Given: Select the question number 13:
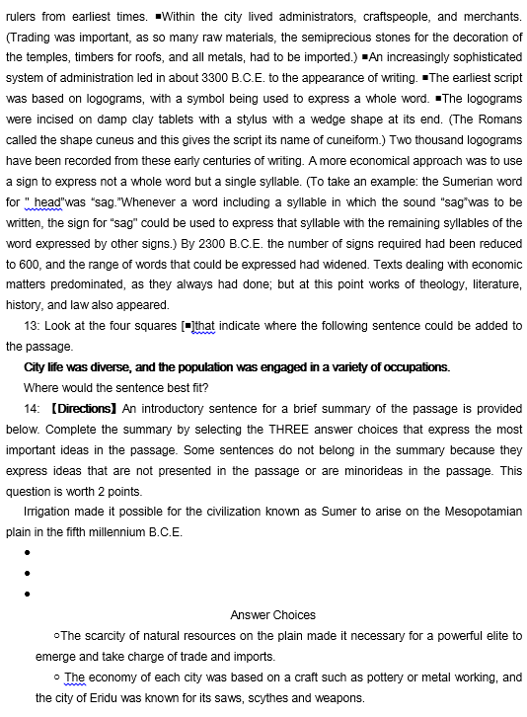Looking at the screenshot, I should (32, 327).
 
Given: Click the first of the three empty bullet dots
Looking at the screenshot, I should (28, 553).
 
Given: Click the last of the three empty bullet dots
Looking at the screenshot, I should (28, 595).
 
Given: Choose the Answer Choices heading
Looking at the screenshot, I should (273, 614).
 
